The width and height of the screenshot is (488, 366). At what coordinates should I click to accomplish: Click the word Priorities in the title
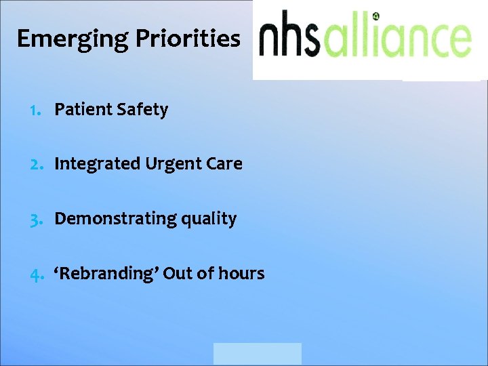[x=188, y=39]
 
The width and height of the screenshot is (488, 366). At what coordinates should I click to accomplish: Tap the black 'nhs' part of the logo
[x=291, y=37]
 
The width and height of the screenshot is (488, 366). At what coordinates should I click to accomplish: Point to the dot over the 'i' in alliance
[x=376, y=16]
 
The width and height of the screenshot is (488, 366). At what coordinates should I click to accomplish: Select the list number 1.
[x=35, y=110]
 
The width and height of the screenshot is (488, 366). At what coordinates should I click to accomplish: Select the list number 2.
[x=36, y=164]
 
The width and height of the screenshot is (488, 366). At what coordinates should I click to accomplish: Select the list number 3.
[x=36, y=219]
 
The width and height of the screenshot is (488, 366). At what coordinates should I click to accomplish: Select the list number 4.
[x=36, y=274]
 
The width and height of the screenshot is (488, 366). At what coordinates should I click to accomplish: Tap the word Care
[x=224, y=164]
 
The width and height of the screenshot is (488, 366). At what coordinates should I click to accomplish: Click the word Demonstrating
[x=106, y=219]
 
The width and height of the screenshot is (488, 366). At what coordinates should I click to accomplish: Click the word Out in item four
[x=178, y=273]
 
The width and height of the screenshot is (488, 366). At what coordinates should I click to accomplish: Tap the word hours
[x=240, y=273]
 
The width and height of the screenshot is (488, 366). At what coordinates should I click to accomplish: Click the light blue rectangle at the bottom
[x=257, y=354]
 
